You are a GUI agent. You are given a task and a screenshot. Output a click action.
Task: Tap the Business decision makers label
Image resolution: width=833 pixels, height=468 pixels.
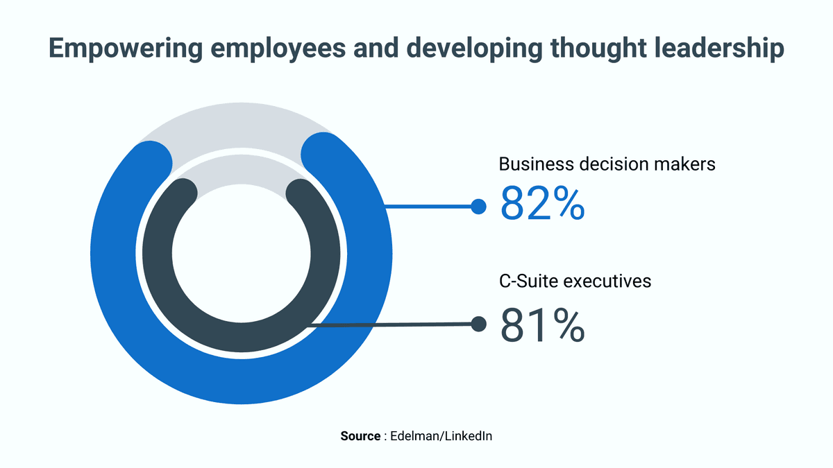[607, 164]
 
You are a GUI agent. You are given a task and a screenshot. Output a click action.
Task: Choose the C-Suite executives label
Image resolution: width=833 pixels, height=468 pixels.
[575, 281]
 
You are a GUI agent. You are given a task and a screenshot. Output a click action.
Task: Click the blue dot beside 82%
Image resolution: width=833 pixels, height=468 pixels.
[478, 206]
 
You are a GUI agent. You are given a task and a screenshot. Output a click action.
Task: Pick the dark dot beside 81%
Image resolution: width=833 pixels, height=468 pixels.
[478, 324]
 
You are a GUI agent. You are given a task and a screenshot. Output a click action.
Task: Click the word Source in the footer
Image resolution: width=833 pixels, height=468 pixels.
[360, 436]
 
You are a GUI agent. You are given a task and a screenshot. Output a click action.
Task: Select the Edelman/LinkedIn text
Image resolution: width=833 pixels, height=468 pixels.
[441, 436]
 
